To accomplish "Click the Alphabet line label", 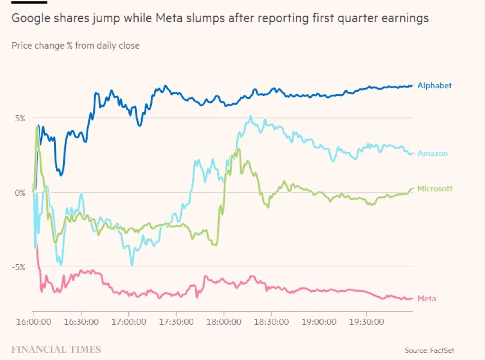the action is (434, 85).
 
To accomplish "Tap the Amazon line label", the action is (432, 153).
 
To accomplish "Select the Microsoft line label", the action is (435, 189).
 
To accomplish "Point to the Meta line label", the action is (427, 298).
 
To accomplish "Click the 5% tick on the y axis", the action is (20, 118).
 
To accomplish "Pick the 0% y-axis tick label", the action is (20, 193).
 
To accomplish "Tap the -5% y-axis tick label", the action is (18, 267).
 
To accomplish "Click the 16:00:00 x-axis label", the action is (34, 322).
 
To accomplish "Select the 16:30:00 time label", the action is (81, 322).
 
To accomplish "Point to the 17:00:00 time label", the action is (129, 322).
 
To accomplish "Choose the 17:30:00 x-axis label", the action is (176, 322).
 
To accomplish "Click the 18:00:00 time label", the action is (224, 322).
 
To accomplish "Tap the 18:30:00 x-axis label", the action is (271, 322).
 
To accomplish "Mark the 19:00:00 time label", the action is (319, 322).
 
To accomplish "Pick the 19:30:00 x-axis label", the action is (367, 322).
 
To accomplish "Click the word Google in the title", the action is (31, 18).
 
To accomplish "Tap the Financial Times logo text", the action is (56, 350).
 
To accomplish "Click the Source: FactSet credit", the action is (429, 351).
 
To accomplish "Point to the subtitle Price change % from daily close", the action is (75, 45).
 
